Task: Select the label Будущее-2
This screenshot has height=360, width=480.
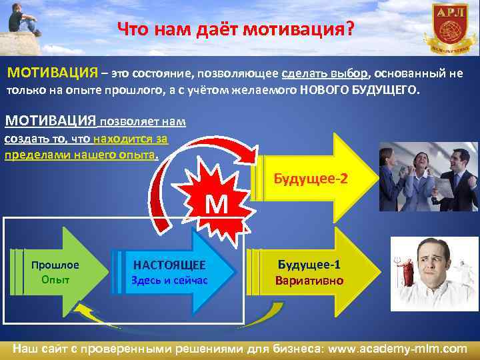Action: [x=311, y=179]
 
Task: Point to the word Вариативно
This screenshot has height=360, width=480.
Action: [x=309, y=280]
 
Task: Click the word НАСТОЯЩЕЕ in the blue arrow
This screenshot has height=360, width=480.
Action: [x=169, y=265]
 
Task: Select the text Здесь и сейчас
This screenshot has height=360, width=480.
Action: [x=169, y=280]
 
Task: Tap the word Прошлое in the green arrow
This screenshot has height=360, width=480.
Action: [x=55, y=265]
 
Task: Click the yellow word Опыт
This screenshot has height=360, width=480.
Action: [x=55, y=280]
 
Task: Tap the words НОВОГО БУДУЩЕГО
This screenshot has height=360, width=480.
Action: [x=360, y=90]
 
